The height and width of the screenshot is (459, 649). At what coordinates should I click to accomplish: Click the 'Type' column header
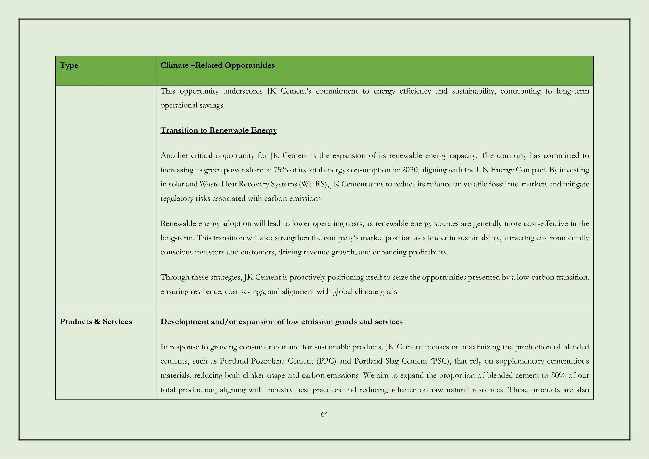click(69, 65)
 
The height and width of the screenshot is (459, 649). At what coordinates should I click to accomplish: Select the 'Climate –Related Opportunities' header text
click(217, 65)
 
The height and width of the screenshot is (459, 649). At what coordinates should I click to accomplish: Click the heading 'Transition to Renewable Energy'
click(218, 130)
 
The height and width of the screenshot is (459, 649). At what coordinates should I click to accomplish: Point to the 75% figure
click(281, 170)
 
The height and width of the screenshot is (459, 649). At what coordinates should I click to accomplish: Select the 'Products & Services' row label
click(95, 322)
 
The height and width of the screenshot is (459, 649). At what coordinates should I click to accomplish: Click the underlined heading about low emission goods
click(281, 322)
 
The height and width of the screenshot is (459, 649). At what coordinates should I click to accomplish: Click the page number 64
click(324, 414)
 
